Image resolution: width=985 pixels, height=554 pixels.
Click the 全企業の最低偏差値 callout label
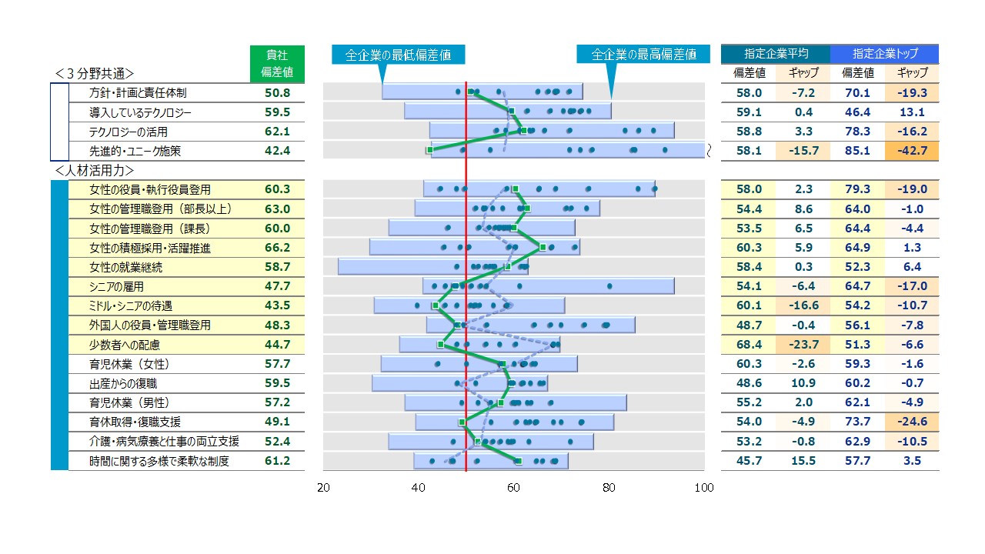coord(398,55)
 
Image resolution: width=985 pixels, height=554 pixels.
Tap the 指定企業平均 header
coord(776,54)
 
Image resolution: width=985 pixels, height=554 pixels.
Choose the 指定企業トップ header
coord(884,54)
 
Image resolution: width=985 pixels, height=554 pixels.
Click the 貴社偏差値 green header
coord(277,64)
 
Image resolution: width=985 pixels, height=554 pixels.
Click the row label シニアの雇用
coord(116,286)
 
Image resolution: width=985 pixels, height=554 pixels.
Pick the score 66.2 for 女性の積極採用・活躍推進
coord(277,248)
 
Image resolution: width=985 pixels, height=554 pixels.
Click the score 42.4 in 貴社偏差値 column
coord(277,151)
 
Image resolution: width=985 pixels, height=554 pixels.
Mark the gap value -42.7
coord(912,151)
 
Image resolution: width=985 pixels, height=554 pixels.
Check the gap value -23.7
coord(803,345)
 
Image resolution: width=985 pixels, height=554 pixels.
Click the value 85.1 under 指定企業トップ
coord(856,151)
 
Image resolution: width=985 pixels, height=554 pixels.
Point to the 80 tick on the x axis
coord(609,488)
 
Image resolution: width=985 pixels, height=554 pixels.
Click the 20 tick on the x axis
coord(324,488)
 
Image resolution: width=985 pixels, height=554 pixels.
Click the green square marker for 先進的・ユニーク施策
coord(429,149)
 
